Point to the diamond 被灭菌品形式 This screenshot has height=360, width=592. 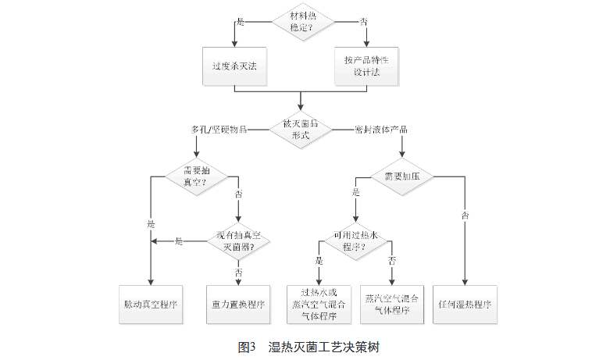pyautogui.click(x=301, y=129)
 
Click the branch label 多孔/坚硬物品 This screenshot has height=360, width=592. pyautogui.click(x=219, y=129)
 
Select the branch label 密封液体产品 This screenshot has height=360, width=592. pyautogui.click(x=380, y=129)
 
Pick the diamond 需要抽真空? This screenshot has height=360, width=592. pyautogui.click(x=196, y=175)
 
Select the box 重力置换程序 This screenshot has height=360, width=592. pyautogui.click(x=237, y=303)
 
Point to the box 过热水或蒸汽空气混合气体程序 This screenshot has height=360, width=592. pyautogui.click(x=318, y=304)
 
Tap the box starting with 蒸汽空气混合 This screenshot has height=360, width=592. pyautogui.click(x=391, y=304)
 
